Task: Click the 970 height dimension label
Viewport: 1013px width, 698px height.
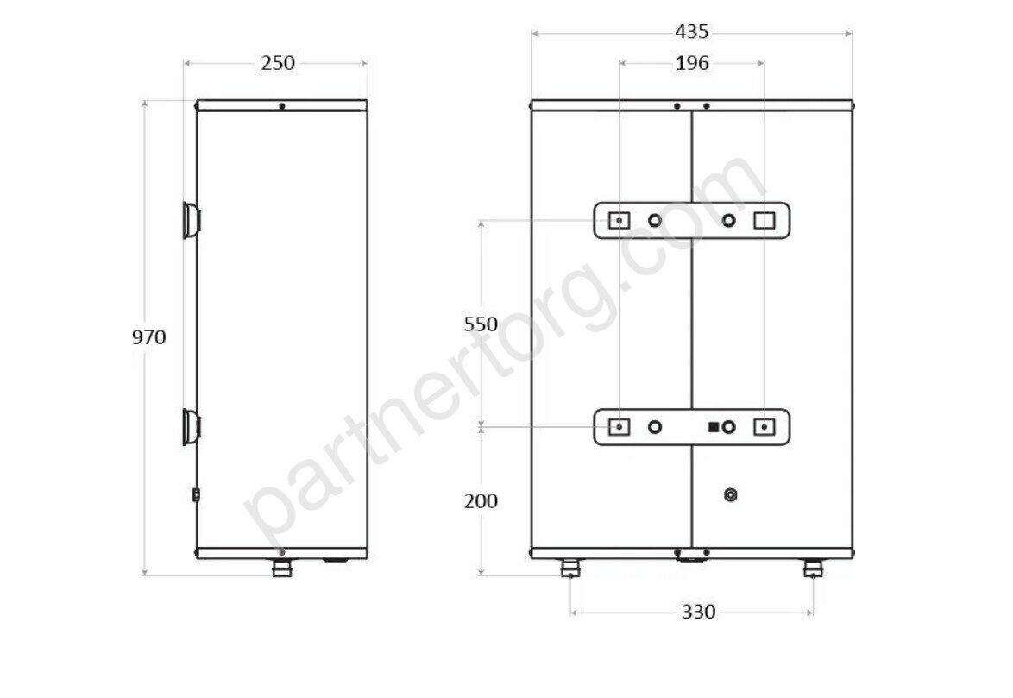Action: coord(148,337)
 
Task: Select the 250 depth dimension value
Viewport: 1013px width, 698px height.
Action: coord(278,63)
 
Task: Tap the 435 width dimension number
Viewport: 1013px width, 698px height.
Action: coord(692,31)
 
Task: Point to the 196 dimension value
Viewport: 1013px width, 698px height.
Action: coord(692,63)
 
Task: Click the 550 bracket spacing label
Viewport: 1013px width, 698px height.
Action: coord(481,324)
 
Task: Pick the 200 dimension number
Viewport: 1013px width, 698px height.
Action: coord(481,500)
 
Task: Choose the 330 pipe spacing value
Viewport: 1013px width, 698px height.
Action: coord(698,611)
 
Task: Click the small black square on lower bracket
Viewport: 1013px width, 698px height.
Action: coord(714,427)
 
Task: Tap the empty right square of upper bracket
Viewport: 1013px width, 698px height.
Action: coord(764,221)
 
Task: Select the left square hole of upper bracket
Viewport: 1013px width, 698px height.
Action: coord(620,221)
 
